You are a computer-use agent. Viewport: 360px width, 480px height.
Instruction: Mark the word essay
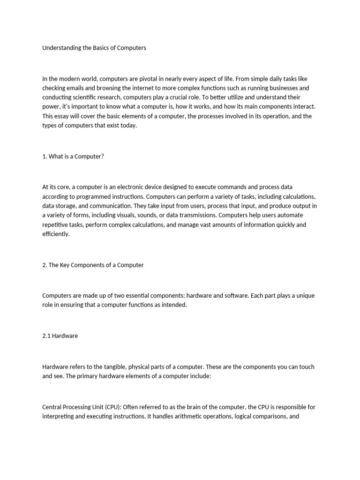(64, 116)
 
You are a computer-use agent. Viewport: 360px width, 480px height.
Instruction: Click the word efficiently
(55, 234)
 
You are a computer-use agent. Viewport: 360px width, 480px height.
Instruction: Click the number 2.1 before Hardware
(47, 336)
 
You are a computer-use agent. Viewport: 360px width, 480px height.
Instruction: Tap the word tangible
(108, 367)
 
